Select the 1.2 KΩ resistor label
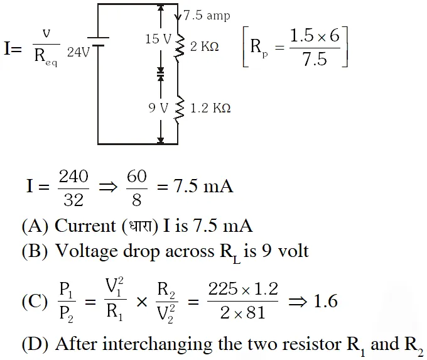point(210,108)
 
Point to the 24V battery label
point(78,53)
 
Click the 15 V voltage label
point(158,40)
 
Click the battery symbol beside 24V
point(99,45)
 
